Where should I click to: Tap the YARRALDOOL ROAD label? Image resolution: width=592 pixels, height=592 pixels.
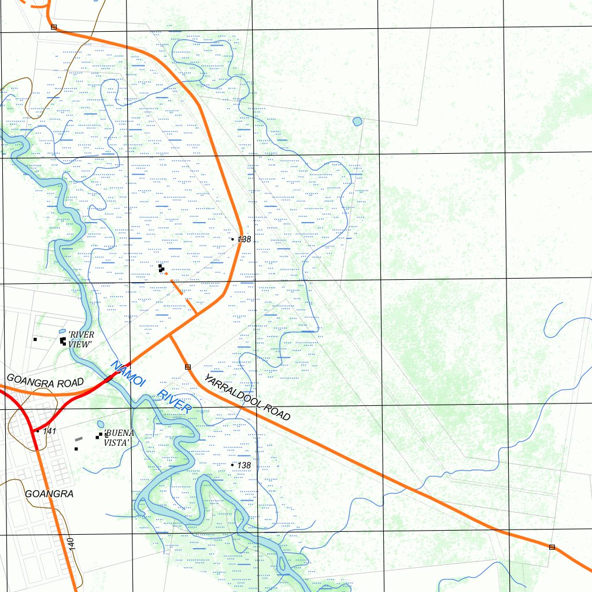[x=247, y=397]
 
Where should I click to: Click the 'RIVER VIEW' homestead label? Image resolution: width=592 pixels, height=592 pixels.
[x=81, y=339]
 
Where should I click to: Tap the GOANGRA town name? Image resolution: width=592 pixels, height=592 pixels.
[x=49, y=494]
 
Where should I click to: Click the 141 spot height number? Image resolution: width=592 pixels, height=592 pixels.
[x=49, y=431]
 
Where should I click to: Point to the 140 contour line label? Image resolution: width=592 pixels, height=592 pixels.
[x=71, y=543]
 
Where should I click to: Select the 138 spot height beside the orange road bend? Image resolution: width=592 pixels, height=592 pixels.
[x=244, y=239]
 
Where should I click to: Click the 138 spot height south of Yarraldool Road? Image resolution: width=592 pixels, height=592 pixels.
[x=244, y=465]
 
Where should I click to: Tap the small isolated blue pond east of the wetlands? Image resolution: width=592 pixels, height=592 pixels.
[x=357, y=121]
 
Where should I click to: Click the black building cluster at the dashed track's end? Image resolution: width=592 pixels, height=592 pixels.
[x=161, y=268]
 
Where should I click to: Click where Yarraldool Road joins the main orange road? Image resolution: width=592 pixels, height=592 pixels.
[x=169, y=335]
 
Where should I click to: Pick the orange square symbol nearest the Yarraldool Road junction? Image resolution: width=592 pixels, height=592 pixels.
[x=187, y=367]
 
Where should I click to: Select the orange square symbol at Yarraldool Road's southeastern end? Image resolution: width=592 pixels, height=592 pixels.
[x=552, y=546]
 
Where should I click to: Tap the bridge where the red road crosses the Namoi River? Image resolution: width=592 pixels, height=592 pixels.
[x=110, y=379]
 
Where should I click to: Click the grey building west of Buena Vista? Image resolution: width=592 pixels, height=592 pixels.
[x=79, y=439]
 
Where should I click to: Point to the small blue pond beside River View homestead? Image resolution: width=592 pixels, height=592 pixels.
[x=63, y=332]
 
